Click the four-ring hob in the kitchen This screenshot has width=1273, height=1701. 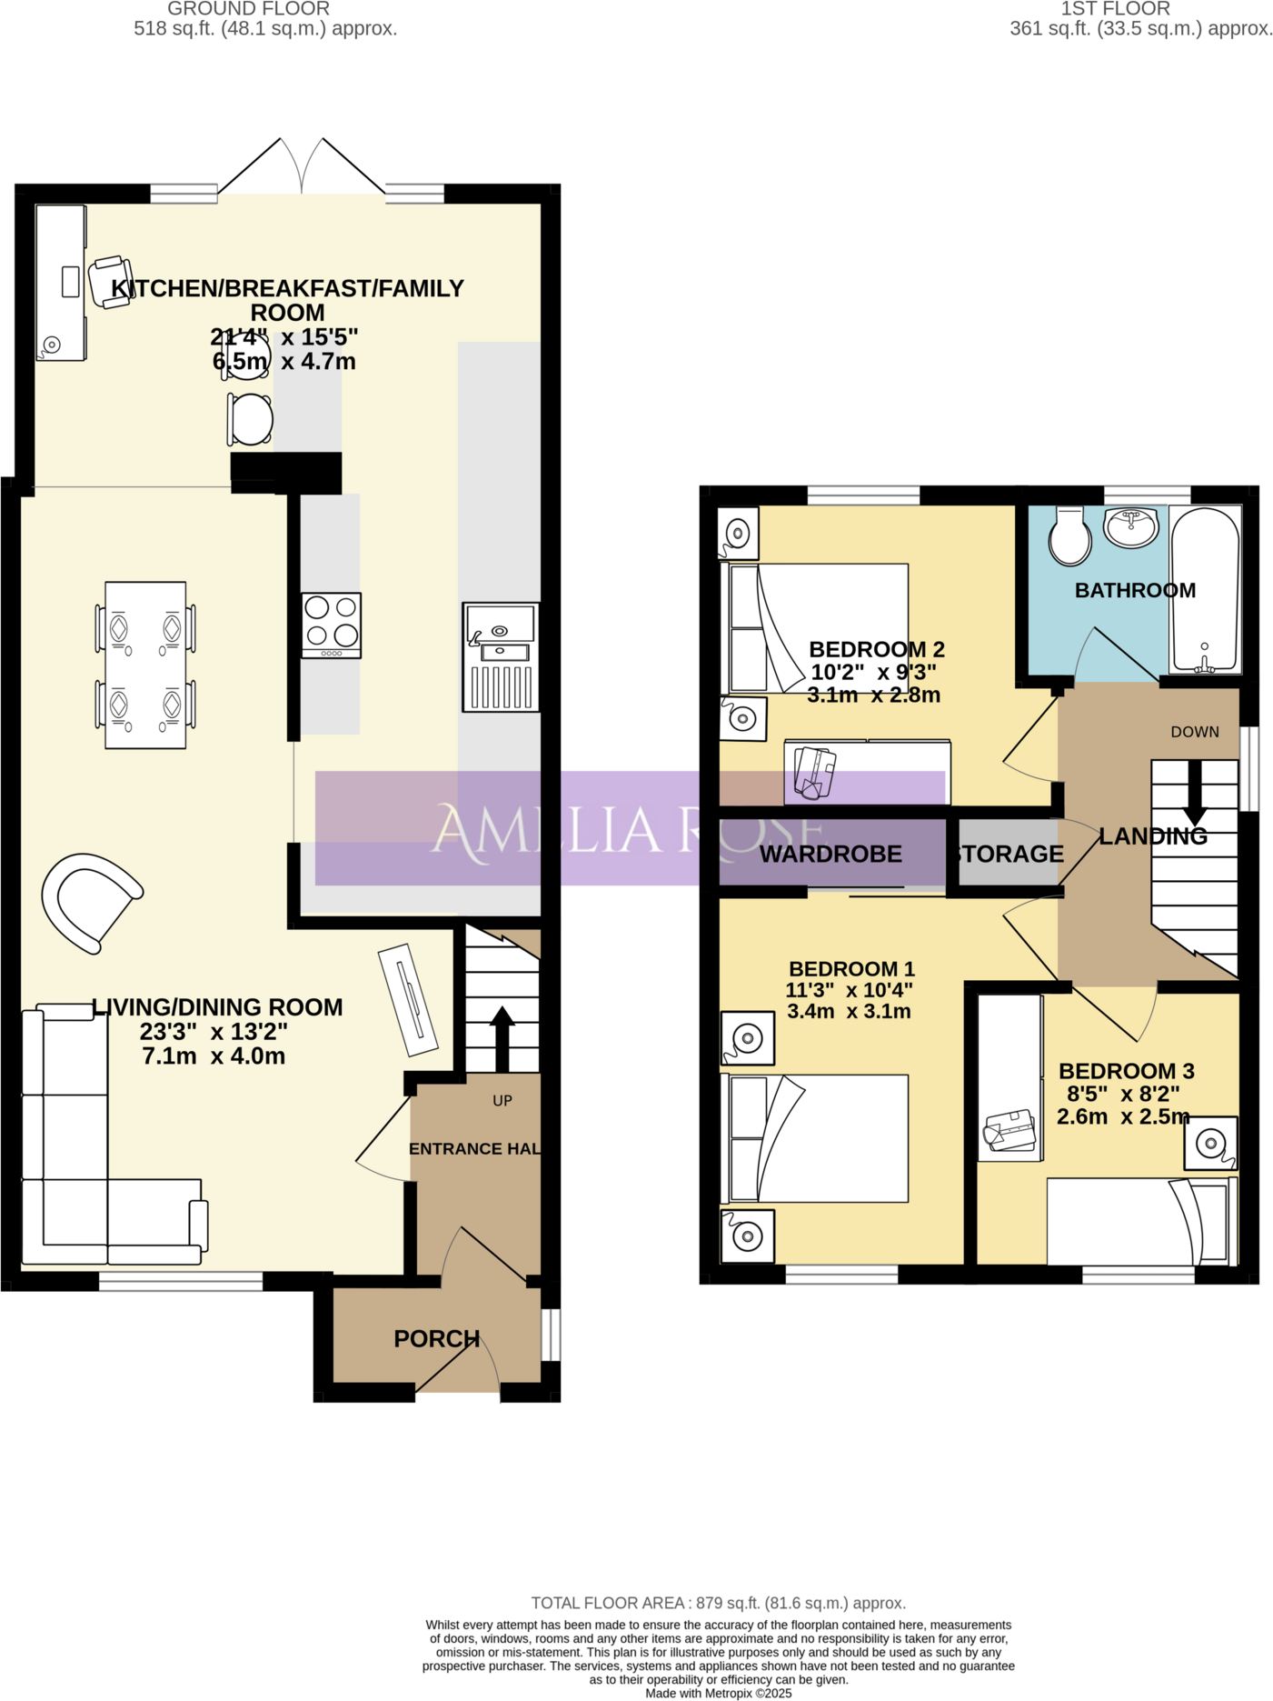pyautogui.click(x=332, y=625)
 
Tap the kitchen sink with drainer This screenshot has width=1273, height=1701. pyautogui.click(x=501, y=655)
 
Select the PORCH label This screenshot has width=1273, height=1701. pyautogui.click(x=436, y=1338)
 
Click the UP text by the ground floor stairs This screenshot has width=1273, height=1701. pyautogui.click(x=502, y=1100)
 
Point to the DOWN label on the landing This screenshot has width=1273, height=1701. pyautogui.click(x=1194, y=732)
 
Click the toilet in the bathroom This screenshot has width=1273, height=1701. pyautogui.click(x=1069, y=536)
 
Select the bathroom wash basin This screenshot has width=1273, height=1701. pyautogui.click(x=1130, y=526)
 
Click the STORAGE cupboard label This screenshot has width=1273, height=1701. pyautogui.click(x=1009, y=854)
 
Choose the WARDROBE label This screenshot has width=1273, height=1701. pyautogui.click(x=830, y=854)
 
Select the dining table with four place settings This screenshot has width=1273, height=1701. pyautogui.click(x=145, y=665)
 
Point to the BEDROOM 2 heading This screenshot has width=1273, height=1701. pyautogui.click(x=876, y=649)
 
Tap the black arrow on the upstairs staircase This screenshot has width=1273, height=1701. pyautogui.click(x=1195, y=794)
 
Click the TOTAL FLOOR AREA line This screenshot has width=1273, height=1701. pyautogui.click(x=718, y=1603)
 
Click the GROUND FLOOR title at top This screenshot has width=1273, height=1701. pyautogui.click(x=248, y=9)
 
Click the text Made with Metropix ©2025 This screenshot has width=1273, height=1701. pyautogui.click(x=718, y=1693)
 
